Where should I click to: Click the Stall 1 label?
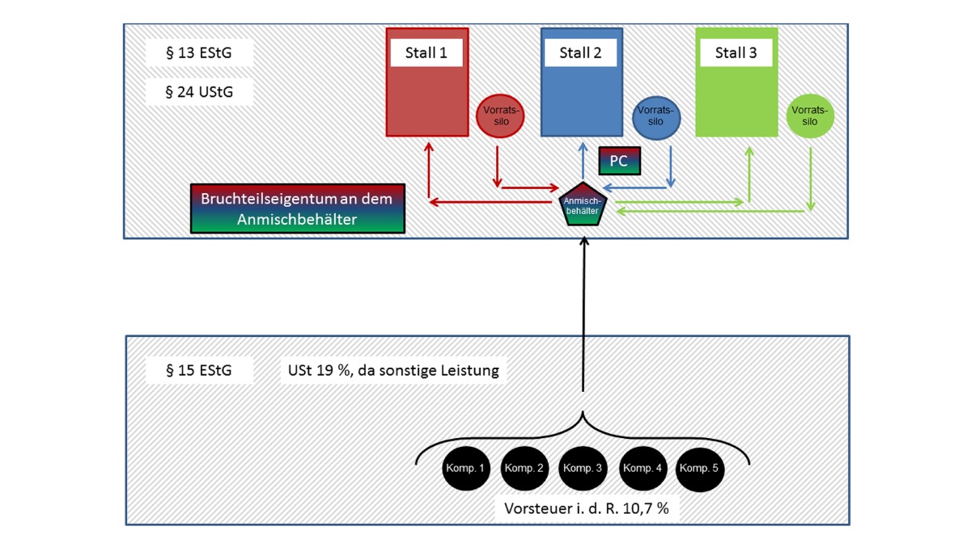[x=426, y=54]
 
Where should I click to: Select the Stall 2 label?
[x=580, y=54]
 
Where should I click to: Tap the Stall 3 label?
[x=736, y=54]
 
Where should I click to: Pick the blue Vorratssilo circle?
[x=656, y=116]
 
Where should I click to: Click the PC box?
[x=619, y=161]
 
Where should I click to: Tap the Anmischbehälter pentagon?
[x=583, y=205]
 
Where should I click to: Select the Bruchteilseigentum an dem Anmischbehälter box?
[x=296, y=208]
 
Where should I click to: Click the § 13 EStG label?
[x=199, y=54]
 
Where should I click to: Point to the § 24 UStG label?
[x=199, y=91]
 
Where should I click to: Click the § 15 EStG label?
[x=199, y=371]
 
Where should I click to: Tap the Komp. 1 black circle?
[x=466, y=469]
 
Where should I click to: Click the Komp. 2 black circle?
[x=525, y=469]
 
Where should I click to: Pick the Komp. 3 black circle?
[x=583, y=469]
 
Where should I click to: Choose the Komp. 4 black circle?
[x=642, y=469]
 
